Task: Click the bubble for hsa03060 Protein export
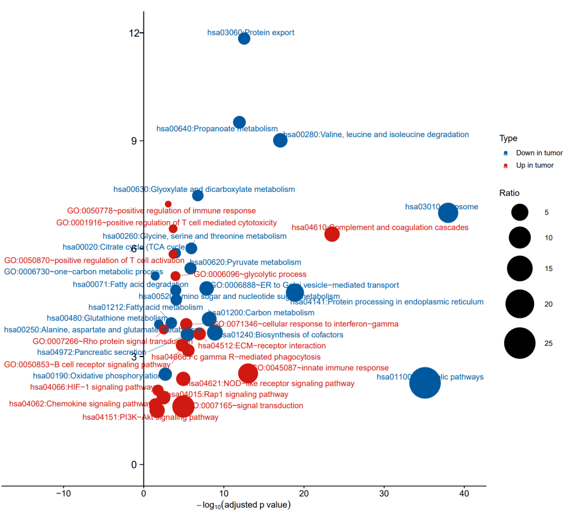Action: point(244,38)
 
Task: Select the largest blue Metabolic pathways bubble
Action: point(425,382)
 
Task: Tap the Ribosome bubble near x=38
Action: point(448,213)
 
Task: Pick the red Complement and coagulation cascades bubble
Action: point(332,234)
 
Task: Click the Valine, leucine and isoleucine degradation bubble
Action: point(280,140)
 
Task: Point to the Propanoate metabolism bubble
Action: point(239,122)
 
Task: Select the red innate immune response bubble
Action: point(248,373)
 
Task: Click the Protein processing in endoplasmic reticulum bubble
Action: point(295,293)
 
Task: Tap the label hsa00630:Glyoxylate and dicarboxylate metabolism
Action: point(204,189)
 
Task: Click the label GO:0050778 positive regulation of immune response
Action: point(161,211)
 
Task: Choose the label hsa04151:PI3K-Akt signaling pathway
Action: point(150,417)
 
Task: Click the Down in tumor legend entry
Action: point(539,153)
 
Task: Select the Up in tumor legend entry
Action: point(534,165)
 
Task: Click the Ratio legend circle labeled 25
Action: point(520,343)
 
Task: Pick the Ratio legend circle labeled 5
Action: point(520,212)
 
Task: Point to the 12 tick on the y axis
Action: point(135,33)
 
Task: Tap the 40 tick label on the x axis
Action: point(464,494)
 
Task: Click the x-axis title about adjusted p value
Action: point(243,505)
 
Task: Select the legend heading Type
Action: point(508,138)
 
